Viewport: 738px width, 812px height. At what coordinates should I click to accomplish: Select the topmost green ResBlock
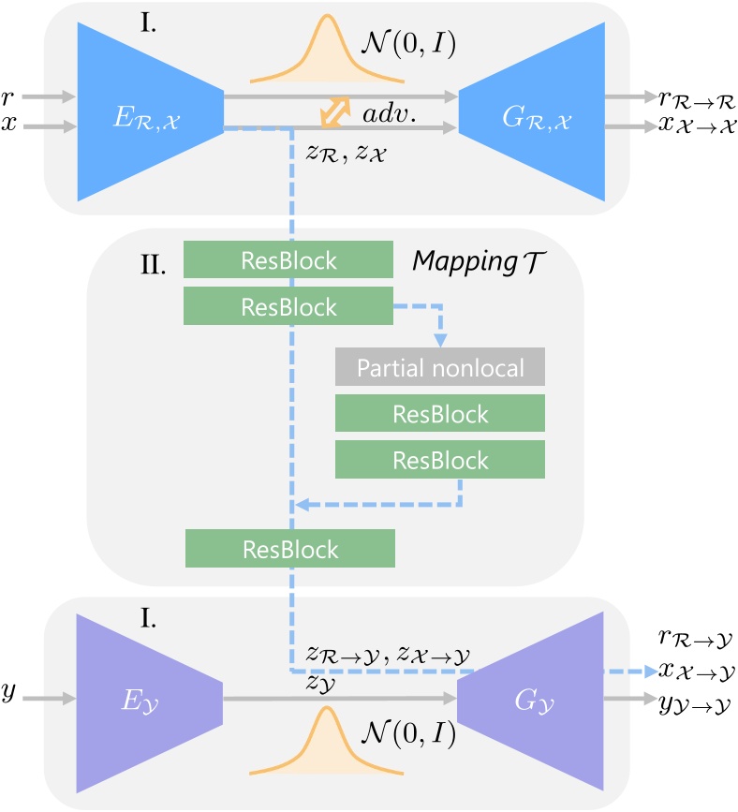coord(288,259)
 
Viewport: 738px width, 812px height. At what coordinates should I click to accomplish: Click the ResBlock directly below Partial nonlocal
coord(440,414)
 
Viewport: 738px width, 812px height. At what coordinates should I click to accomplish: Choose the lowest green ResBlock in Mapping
coord(290,548)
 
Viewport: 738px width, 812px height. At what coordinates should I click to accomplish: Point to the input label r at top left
coord(10,95)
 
